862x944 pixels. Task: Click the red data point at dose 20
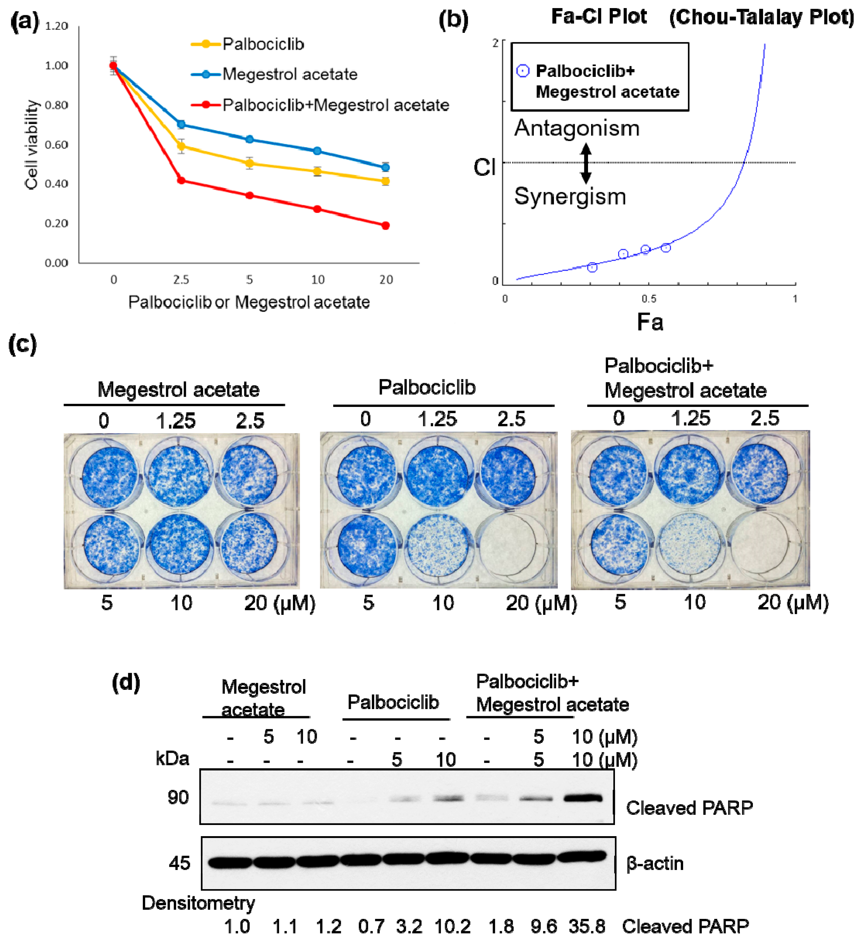pos(385,226)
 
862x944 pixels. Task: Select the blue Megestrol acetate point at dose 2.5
pos(181,125)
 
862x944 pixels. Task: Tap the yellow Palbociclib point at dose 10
pos(317,171)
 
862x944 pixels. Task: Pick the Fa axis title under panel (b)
pos(650,322)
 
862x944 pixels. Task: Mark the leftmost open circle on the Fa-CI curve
pos(592,267)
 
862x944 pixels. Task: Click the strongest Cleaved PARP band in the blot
pos(583,798)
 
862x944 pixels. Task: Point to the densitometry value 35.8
pos(587,926)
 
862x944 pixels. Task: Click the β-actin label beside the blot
pos(655,863)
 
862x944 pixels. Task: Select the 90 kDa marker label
pos(178,797)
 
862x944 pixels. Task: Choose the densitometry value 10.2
pos(452,926)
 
